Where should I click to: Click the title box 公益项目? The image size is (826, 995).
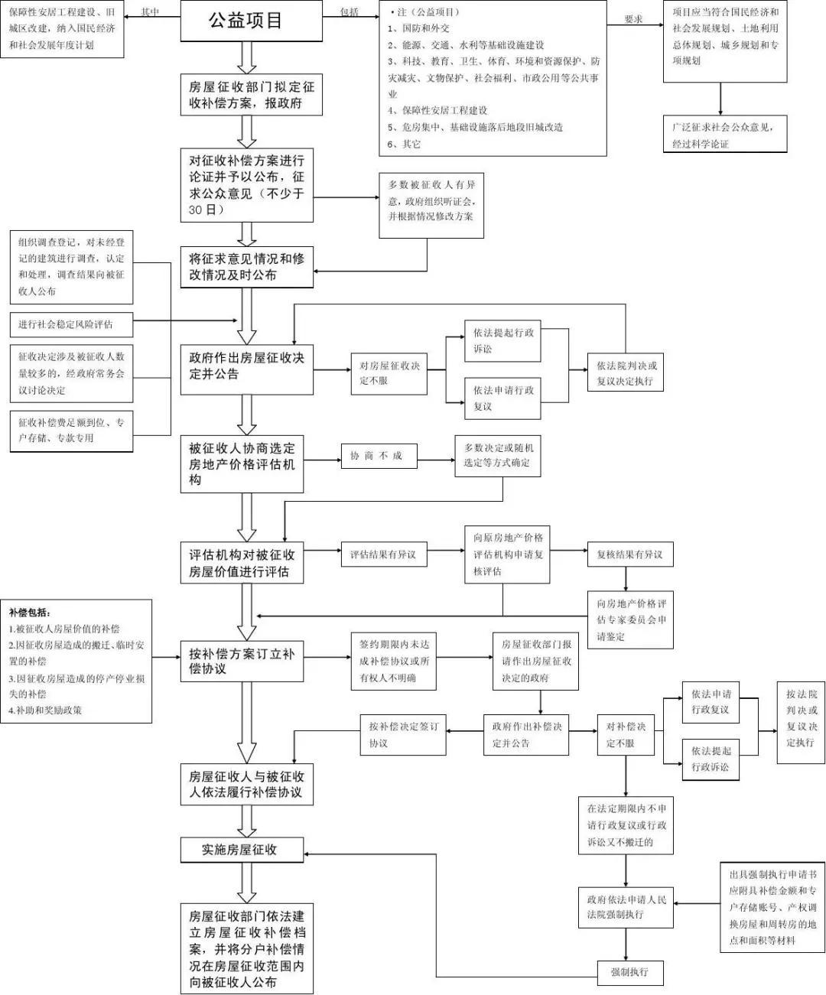click(x=246, y=21)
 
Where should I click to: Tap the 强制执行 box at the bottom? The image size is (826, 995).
click(x=629, y=972)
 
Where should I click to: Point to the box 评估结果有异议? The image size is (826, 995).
click(x=383, y=554)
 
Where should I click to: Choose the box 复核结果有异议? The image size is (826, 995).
click(x=629, y=554)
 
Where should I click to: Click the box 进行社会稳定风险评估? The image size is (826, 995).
click(x=71, y=324)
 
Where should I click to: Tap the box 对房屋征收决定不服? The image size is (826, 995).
click(x=389, y=373)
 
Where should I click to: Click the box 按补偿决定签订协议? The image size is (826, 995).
click(x=403, y=735)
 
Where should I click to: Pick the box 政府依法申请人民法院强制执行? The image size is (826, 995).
click(x=626, y=907)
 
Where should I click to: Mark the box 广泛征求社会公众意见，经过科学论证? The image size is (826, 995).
click(x=724, y=135)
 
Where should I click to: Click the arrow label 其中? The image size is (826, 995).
click(x=150, y=12)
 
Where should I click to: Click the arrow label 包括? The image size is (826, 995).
click(x=350, y=12)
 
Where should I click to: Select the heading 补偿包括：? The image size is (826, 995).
click(x=31, y=613)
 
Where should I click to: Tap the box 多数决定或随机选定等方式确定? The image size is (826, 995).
click(x=498, y=455)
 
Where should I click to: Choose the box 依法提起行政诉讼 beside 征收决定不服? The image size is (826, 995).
click(x=504, y=341)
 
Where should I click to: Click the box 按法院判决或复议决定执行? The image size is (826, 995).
click(x=801, y=718)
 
